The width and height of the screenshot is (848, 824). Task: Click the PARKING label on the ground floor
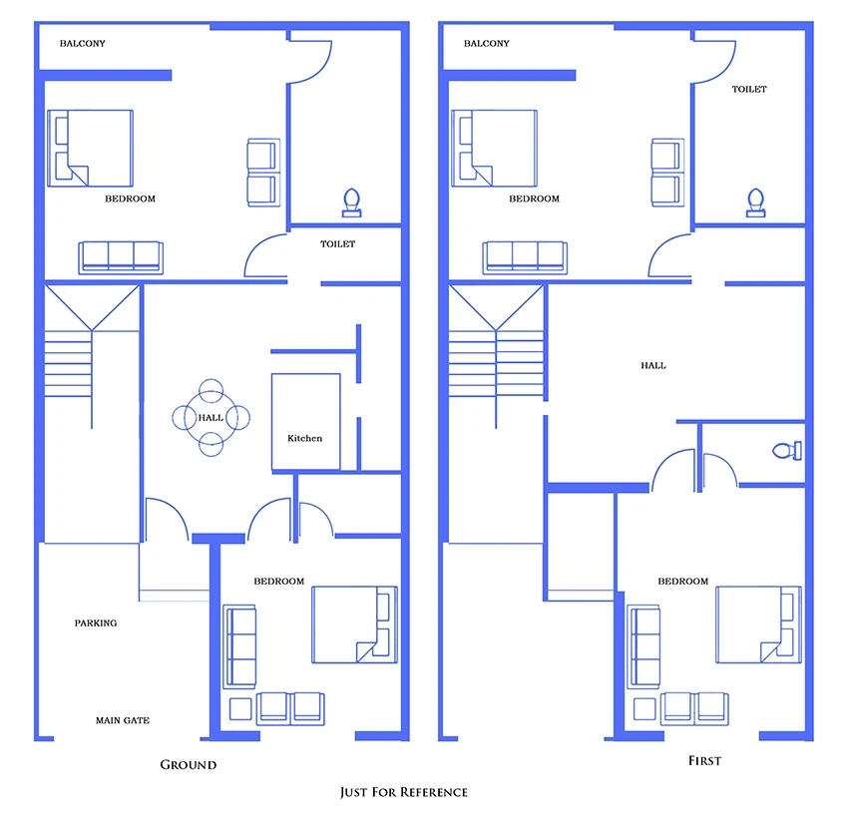tap(96, 622)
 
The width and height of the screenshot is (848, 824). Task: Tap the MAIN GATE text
tap(123, 720)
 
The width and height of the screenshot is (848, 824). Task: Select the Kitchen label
tap(304, 438)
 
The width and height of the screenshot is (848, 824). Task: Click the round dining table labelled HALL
tap(211, 417)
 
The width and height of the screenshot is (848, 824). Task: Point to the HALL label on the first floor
tap(653, 365)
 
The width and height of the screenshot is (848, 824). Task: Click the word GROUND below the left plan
tap(189, 764)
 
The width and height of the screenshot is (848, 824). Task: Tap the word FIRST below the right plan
tap(704, 761)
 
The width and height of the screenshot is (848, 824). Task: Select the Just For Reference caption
tap(404, 792)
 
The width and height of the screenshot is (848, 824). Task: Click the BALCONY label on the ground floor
tap(82, 43)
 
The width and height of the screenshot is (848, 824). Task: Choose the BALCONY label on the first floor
tap(486, 43)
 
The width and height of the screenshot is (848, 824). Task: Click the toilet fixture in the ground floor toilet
tap(351, 203)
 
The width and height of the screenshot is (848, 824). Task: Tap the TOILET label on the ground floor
tap(337, 243)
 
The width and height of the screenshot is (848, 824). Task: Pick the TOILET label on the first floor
tap(749, 89)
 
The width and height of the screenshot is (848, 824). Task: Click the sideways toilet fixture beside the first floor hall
tap(787, 450)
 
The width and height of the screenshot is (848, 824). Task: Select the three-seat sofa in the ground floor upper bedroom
tap(121, 257)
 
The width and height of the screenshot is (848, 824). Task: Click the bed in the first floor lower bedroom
tap(758, 624)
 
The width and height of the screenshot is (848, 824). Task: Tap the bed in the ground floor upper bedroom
tap(91, 149)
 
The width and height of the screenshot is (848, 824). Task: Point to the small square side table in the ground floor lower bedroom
tap(240, 709)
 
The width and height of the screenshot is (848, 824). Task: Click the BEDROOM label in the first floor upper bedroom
tap(534, 199)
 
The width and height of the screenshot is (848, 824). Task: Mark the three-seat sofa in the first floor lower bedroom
tap(643, 646)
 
